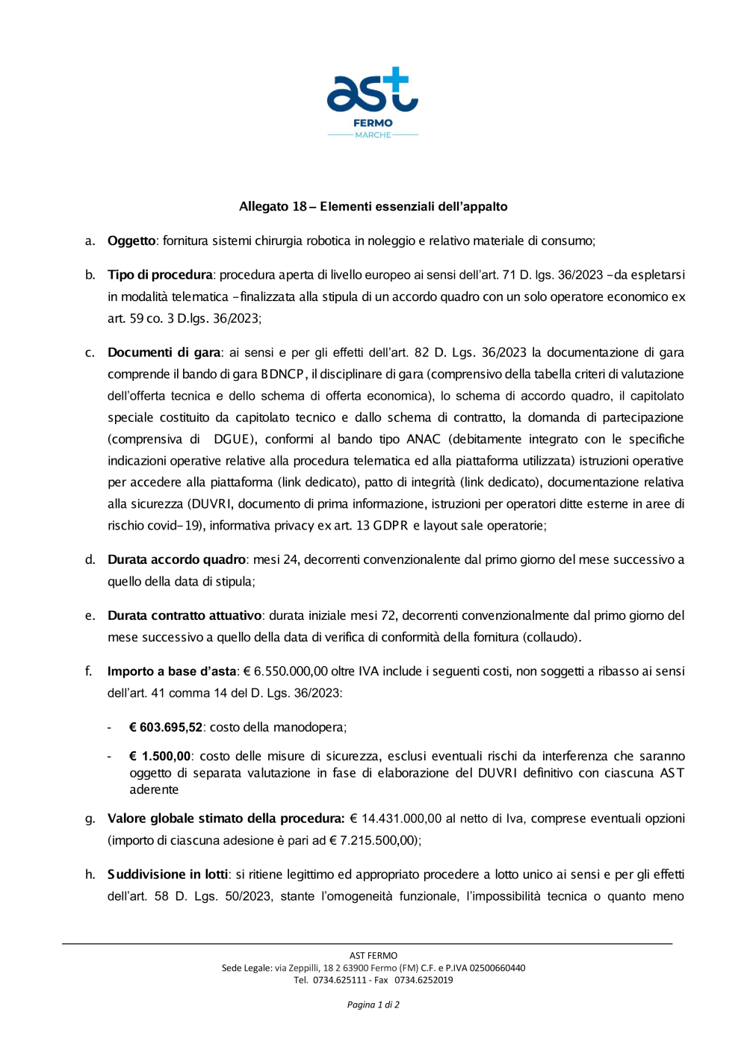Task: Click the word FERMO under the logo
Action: point(373,123)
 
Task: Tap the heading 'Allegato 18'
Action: point(373,207)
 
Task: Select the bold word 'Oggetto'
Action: point(131,241)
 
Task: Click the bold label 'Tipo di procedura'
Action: point(160,275)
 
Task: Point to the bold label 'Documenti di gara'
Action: point(164,352)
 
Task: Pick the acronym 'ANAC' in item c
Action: point(424,439)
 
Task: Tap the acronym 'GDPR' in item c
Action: point(391,526)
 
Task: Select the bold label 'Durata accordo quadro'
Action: point(176,559)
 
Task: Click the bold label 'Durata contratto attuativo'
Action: point(185,615)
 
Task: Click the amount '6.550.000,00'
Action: point(291,671)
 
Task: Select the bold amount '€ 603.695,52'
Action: point(165,727)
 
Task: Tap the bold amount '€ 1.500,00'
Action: point(160,757)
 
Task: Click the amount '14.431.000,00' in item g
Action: point(401,819)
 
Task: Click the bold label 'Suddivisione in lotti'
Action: point(167,875)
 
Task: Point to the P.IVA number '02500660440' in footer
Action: point(498,968)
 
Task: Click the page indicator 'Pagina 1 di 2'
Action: point(373,1004)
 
